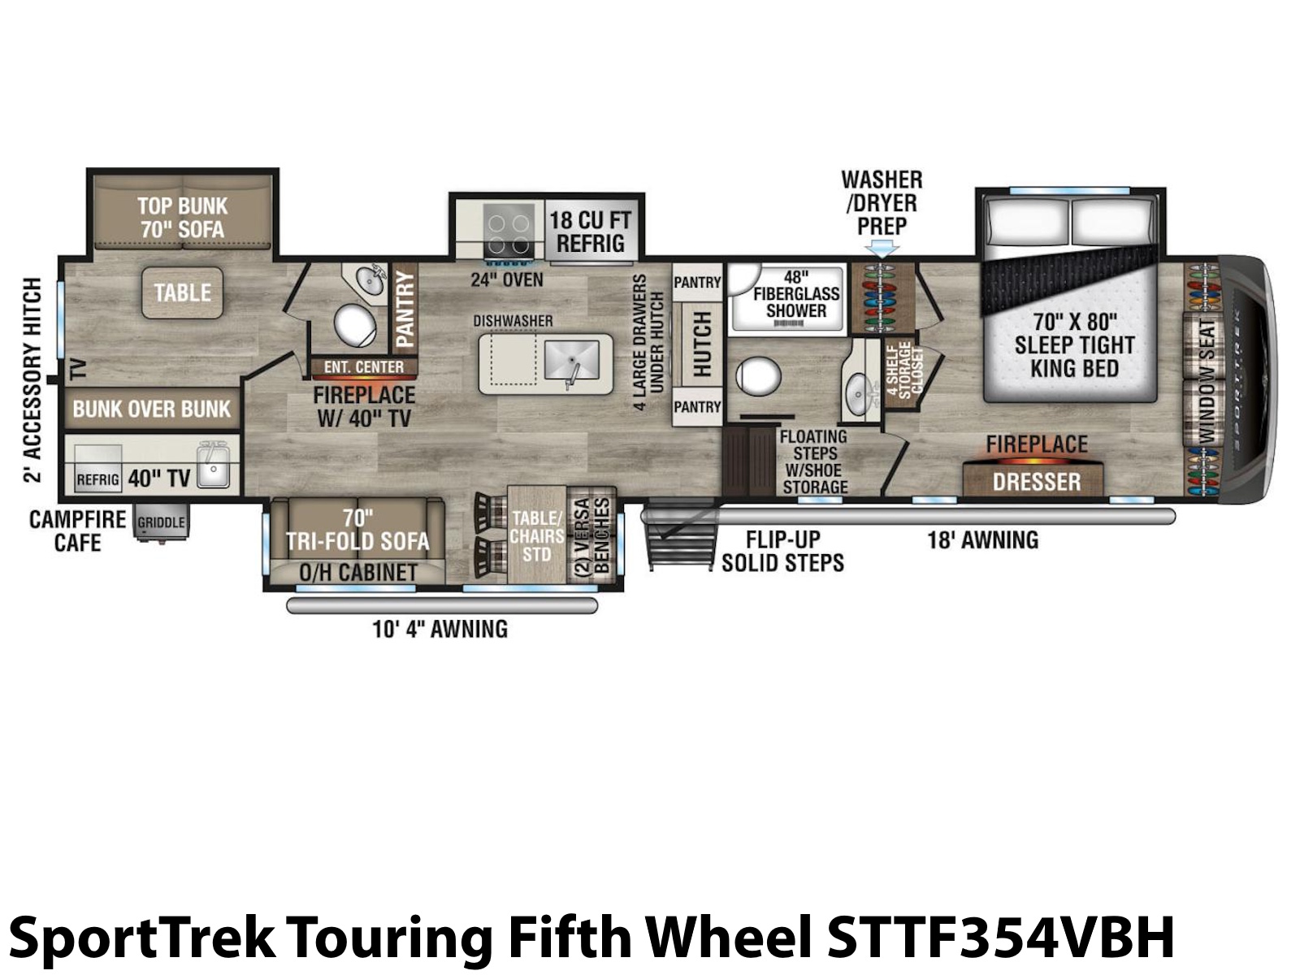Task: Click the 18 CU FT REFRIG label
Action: click(x=590, y=232)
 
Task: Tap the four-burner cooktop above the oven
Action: click(x=508, y=233)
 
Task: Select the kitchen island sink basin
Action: click(x=571, y=360)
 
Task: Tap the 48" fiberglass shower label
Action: click(x=796, y=293)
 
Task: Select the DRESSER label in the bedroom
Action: click(x=1037, y=482)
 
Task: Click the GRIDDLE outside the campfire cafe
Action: click(x=161, y=522)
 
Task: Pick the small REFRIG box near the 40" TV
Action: click(x=97, y=479)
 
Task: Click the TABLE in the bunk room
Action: click(x=183, y=292)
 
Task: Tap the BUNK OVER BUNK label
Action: click(x=152, y=409)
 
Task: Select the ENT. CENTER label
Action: click(x=364, y=367)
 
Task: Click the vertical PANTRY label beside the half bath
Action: click(x=405, y=309)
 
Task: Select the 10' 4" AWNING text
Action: click(x=440, y=629)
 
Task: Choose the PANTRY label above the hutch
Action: click(x=697, y=283)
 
